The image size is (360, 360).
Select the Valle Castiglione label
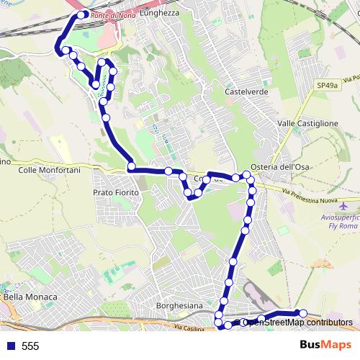point(307,124)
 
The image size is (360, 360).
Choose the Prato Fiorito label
point(115,193)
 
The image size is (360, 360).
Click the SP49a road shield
point(328,85)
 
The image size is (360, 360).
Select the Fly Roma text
point(338,226)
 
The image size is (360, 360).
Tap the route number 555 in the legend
point(31,346)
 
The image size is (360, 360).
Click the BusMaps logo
point(325,346)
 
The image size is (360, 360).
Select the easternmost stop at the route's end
point(303,312)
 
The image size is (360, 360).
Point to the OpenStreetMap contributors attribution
point(295,322)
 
